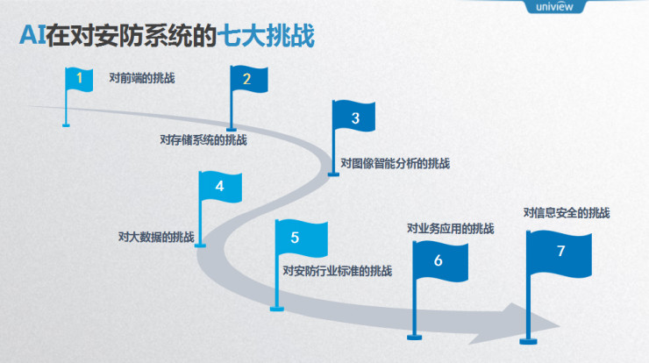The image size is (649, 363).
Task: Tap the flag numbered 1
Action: click(x=80, y=79)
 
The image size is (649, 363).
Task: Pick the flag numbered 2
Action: click(x=246, y=79)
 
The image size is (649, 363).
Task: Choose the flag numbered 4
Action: click(x=219, y=186)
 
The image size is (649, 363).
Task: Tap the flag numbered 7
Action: click(x=560, y=251)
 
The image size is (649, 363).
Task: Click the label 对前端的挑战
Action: click(x=142, y=78)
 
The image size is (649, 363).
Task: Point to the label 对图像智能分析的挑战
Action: click(x=395, y=163)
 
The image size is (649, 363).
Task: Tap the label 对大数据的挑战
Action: click(x=156, y=237)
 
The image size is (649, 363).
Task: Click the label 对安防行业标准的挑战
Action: click(x=338, y=271)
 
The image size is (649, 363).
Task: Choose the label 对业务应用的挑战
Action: click(x=450, y=229)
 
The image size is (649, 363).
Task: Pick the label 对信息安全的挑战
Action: click(x=567, y=213)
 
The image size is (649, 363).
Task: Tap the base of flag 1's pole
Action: click(x=66, y=125)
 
